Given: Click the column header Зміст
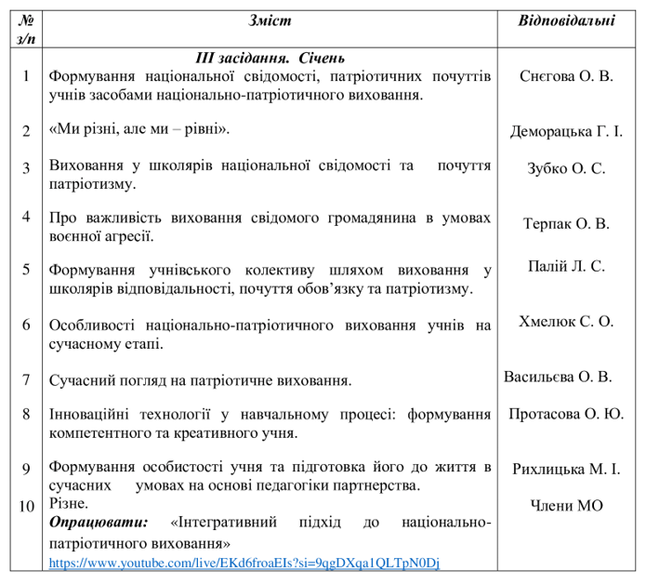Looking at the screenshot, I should coord(270,20).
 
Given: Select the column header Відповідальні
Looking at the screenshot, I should coord(567,20).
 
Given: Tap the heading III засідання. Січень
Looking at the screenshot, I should coord(269,58).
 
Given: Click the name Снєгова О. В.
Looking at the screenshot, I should coord(567,76).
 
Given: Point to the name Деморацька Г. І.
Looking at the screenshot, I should coord(566,131).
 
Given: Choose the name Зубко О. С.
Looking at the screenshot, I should coord(566,168).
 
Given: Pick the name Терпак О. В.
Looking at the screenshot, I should coord(566,224).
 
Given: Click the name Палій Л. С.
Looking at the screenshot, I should coord(566,266).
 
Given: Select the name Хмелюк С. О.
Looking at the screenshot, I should coord(566,322).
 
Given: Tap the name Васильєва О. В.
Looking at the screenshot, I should coord(558,377).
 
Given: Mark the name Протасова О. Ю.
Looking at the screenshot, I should coord(566,414).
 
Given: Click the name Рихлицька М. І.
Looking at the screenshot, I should coord(566,469).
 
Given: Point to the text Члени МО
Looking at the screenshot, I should coord(566,506).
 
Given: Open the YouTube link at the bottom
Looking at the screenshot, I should coord(244,563).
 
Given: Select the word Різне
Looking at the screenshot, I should coord(68,504).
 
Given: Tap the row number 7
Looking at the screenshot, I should coord(26,380).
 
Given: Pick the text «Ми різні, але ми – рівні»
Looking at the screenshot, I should coord(139,130).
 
